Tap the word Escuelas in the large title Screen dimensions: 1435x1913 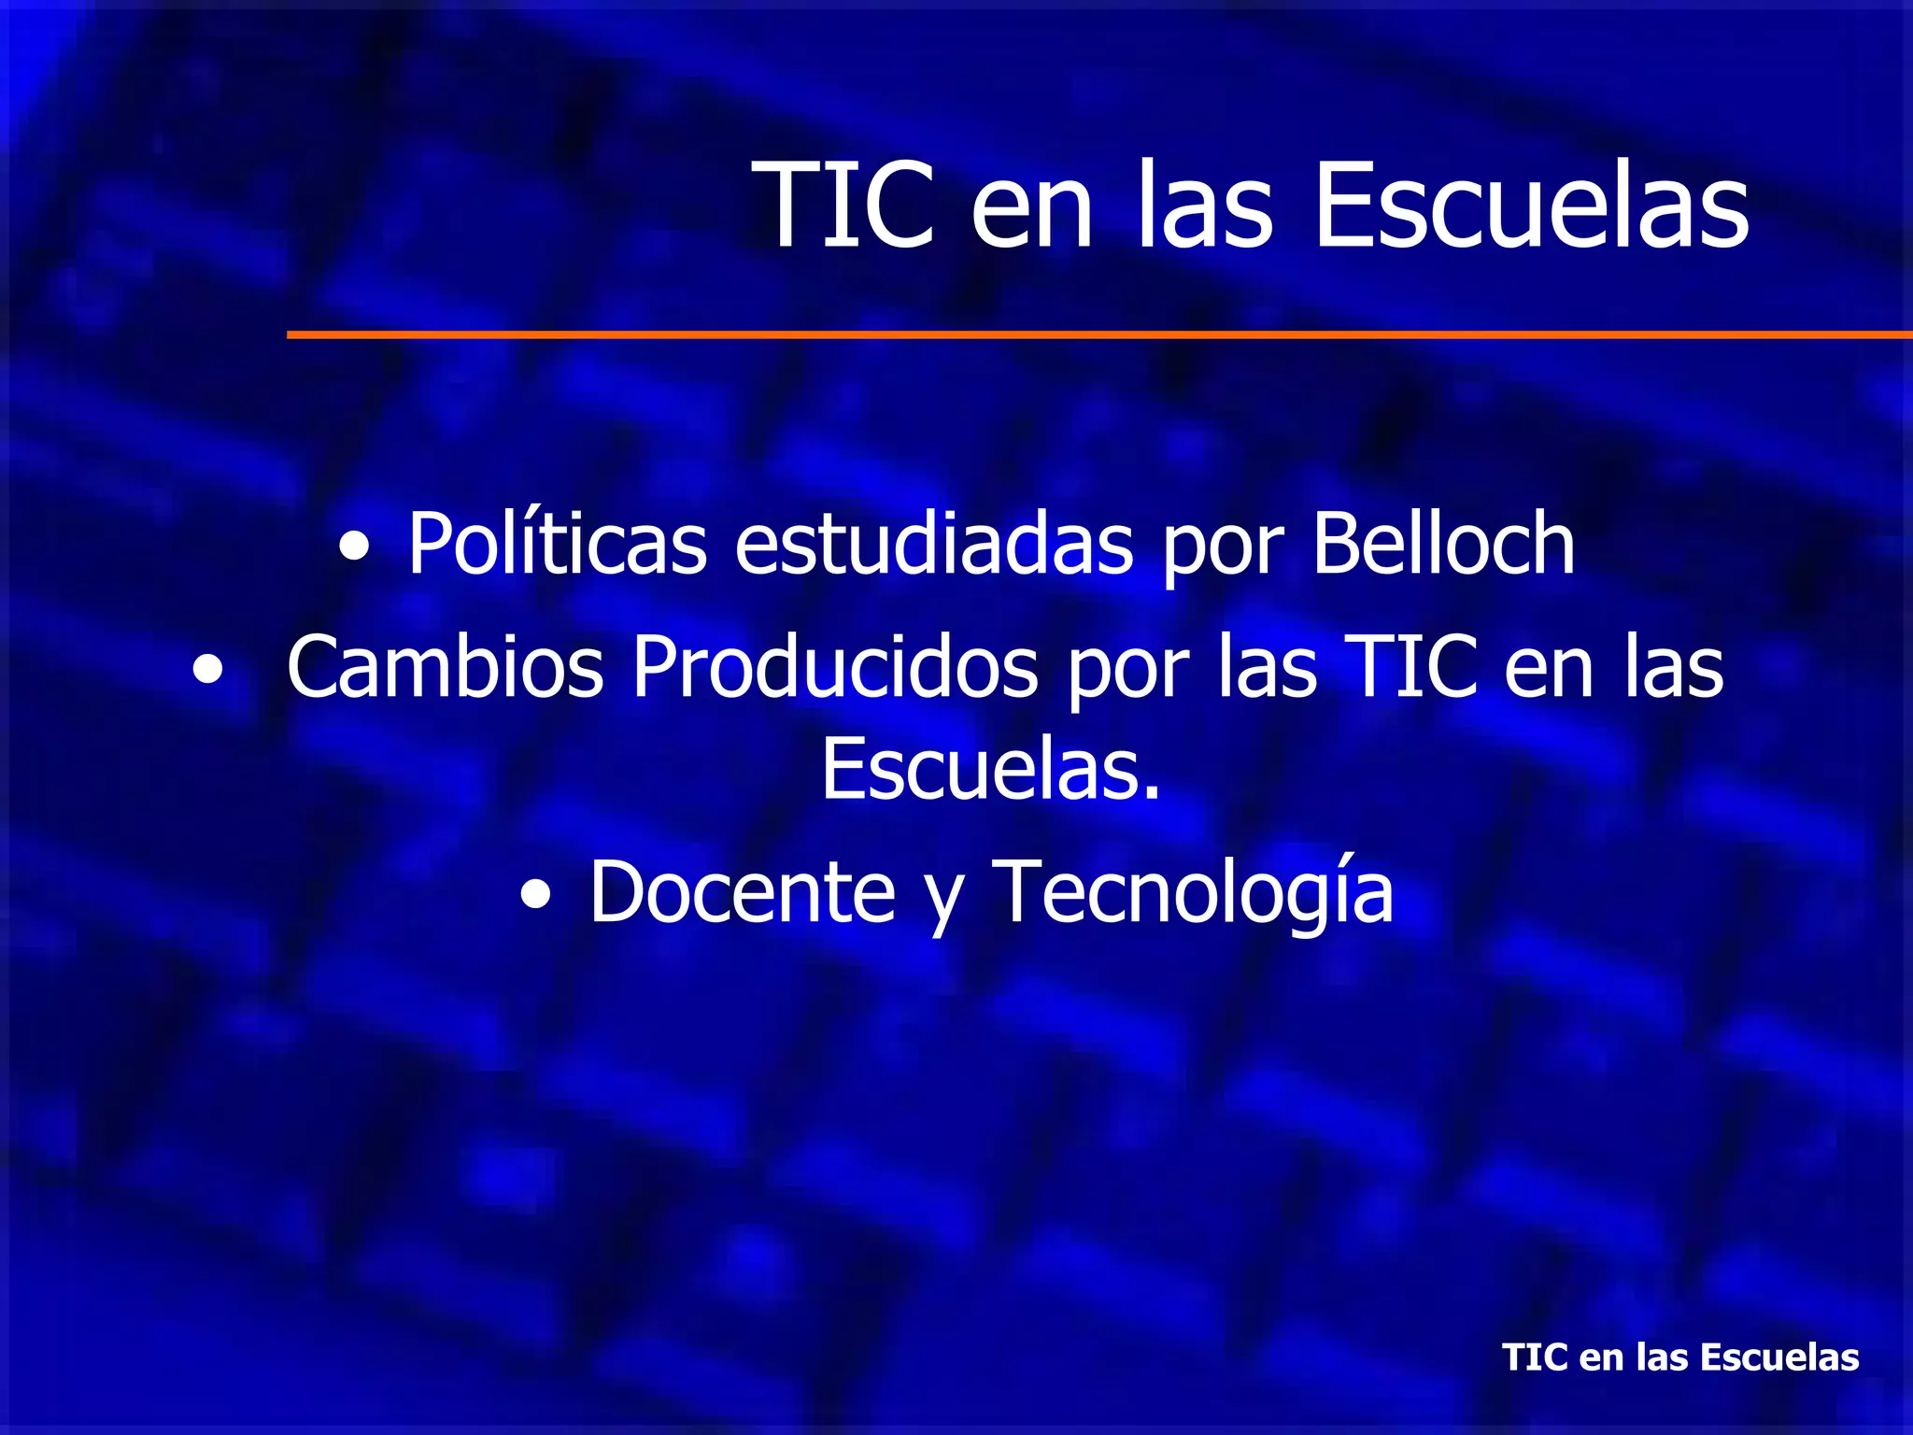[1531, 206]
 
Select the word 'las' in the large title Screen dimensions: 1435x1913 [1204, 206]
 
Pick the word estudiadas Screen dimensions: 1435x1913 [934, 544]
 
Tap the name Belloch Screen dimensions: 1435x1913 [1444, 544]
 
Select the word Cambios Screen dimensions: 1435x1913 [446, 667]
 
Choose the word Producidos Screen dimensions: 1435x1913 [835, 667]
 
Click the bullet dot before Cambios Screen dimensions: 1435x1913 [208, 671]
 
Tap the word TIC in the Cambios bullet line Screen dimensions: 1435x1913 [1411, 667]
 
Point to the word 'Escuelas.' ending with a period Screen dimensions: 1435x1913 [991, 770]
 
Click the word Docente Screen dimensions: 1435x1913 [743, 892]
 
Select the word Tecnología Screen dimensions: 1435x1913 [1192, 892]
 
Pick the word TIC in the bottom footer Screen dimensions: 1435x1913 [1536, 1357]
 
